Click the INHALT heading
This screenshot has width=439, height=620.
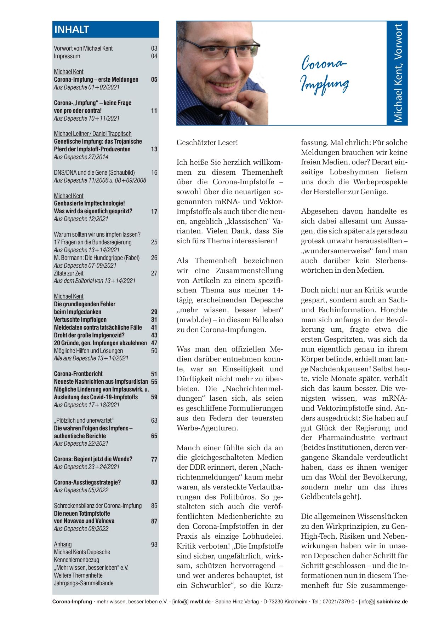click(72, 29)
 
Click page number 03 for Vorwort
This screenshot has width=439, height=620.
click(154, 48)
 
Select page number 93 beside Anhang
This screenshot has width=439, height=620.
click(154, 544)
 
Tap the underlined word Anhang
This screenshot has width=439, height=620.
click(63, 544)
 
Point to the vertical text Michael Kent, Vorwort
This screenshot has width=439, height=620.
click(398, 73)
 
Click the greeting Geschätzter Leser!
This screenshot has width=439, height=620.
click(207, 143)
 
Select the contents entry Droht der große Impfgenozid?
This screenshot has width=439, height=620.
click(89, 335)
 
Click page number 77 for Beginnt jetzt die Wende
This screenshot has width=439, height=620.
click(154, 459)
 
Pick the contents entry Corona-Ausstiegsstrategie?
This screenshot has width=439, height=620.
click(87, 482)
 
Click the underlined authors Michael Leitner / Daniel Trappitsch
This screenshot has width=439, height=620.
click(93, 134)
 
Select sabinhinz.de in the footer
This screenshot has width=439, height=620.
click(392, 602)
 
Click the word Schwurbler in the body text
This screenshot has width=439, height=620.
click(211, 585)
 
